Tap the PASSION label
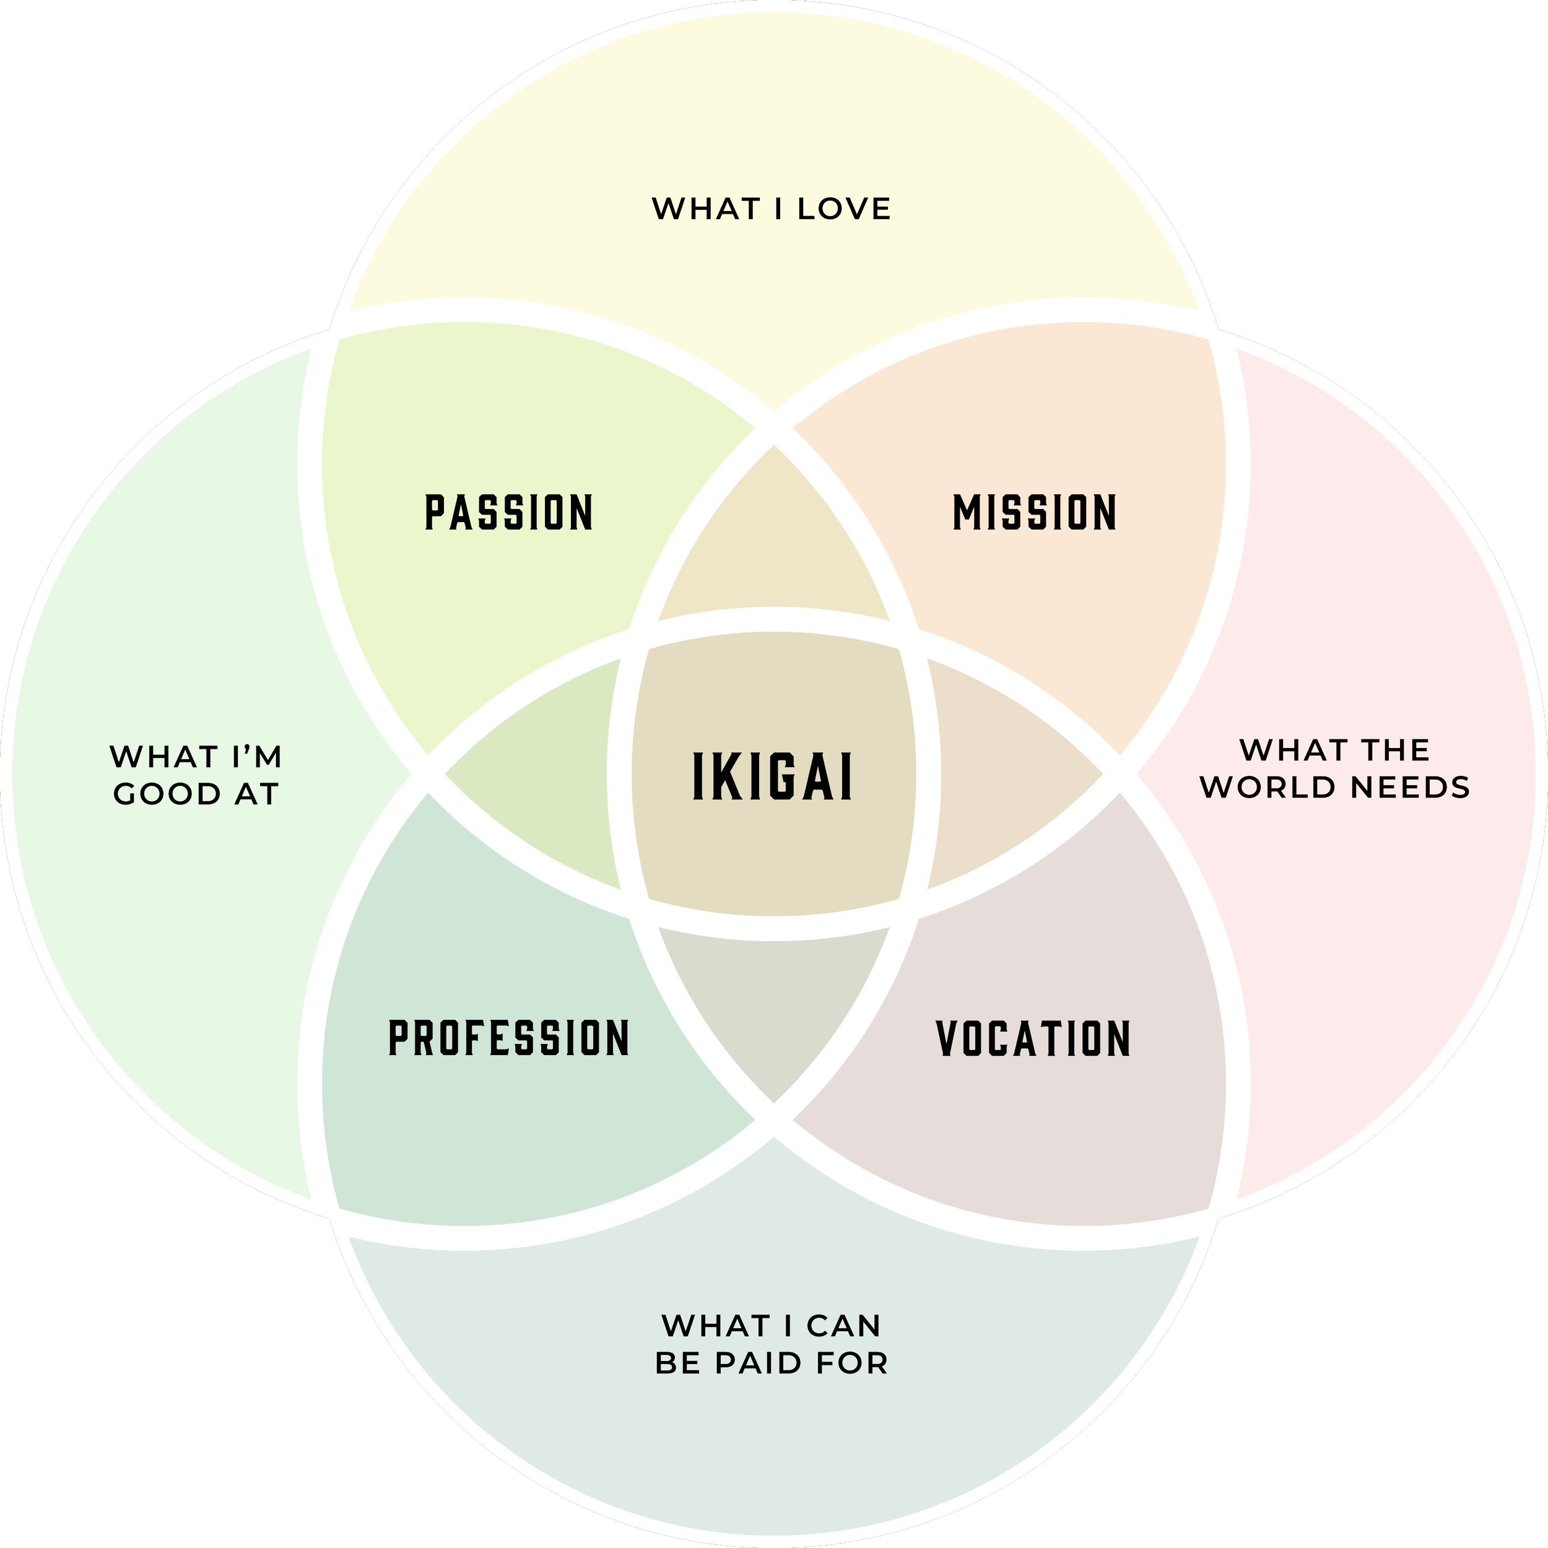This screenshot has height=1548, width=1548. tap(509, 513)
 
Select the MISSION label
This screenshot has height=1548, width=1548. tap(1035, 513)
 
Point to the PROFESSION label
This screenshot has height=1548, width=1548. tap(509, 1038)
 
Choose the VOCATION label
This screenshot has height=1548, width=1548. tap(1033, 1038)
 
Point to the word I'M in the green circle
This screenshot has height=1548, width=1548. tap(256, 757)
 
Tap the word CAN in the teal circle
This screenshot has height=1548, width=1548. tap(844, 1326)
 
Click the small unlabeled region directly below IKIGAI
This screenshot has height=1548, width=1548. tap(773, 1009)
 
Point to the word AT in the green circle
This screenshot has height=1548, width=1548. tap(256, 794)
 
